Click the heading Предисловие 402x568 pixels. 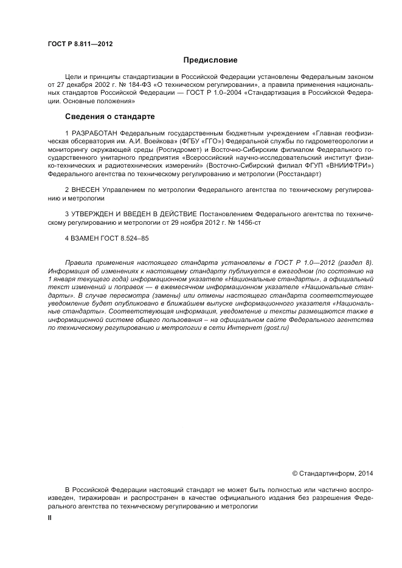(210, 60)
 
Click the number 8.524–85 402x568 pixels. (135, 239)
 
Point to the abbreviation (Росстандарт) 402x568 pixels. (299, 174)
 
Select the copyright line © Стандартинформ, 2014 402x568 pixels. (333, 473)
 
